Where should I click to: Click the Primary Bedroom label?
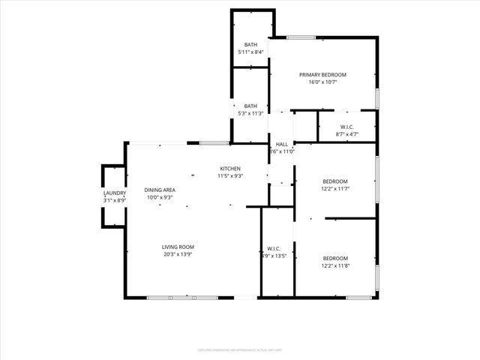[322, 75]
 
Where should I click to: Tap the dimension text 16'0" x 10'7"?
[322, 82]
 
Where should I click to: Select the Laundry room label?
[115, 193]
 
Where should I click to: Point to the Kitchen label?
[229, 168]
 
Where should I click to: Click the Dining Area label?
[160, 190]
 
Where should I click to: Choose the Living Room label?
[178, 247]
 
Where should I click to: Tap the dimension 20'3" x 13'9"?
[178, 254]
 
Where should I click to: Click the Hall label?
[281, 144]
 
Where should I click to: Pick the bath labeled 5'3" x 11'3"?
[250, 109]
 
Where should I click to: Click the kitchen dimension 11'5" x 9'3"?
[229, 175]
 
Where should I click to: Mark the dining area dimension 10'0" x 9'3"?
[160, 197]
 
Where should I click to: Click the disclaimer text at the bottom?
[240, 349]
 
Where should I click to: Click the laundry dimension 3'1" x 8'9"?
[115, 201]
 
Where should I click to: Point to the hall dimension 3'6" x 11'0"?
[281, 151]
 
